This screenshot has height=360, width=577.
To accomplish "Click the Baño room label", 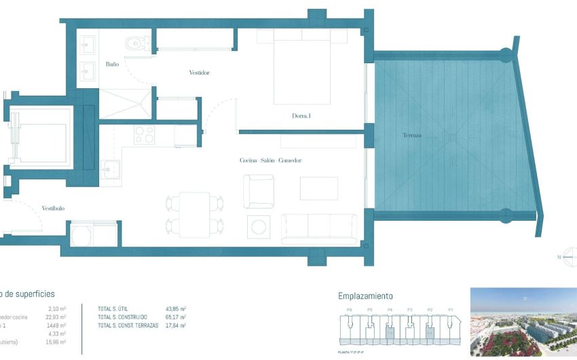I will tap(113, 65).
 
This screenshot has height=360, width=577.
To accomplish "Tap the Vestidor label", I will tap(199, 73).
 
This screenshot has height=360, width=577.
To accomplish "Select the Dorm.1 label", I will tap(301, 116).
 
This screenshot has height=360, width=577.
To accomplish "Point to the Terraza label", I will tap(430, 136).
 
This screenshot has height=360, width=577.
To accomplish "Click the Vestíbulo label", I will tap(53, 208).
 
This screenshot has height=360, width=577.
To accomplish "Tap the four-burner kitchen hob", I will tap(145, 135).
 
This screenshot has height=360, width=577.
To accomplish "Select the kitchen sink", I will tap(110, 168).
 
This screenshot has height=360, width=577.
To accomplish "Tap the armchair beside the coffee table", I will tap(259, 192).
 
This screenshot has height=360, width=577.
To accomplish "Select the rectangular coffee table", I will tap(318, 188).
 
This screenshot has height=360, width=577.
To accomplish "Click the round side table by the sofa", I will tap(258, 226).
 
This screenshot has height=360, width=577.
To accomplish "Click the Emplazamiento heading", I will tap(365, 296).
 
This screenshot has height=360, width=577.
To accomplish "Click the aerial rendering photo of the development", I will tap(523, 321).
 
